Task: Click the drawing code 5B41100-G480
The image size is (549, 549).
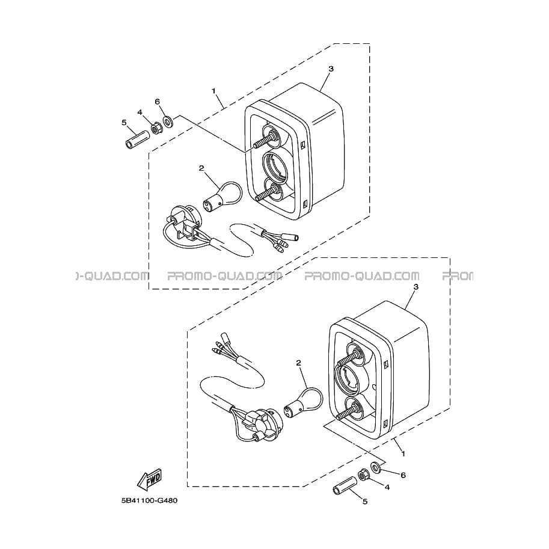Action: point(150,500)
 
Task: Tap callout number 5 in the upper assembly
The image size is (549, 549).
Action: point(124,122)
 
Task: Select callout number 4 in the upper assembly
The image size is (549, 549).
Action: point(140,112)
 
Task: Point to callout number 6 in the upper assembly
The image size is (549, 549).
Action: point(157,102)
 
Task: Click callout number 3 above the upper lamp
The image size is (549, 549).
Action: point(331,69)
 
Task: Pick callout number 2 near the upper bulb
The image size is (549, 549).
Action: point(201,168)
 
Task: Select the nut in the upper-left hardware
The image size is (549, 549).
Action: point(156,129)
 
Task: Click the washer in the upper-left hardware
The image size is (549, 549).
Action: point(169,121)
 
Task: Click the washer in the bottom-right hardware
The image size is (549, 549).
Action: point(375,467)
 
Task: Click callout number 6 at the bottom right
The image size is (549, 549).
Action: point(403,475)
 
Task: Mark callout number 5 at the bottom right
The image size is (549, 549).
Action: point(364,501)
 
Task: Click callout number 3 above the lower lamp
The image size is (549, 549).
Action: point(416,287)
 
